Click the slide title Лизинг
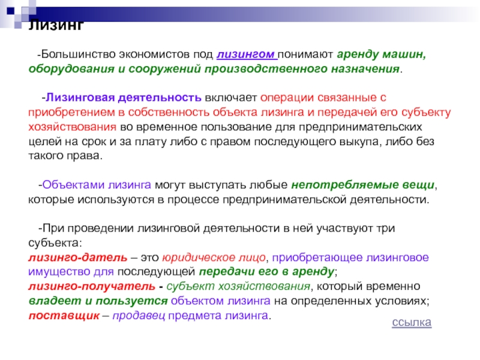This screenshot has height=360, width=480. click(x=56, y=25)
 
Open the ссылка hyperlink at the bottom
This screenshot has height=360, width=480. click(x=412, y=322)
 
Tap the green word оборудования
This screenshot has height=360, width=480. click(x=71, y=69)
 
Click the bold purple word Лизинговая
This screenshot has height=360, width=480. click(x=80, y=98)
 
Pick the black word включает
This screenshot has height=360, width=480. click(x=231, y=98)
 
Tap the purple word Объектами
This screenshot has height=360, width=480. click(x=73, y=185)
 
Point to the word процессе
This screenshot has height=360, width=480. click(x=193, y=200)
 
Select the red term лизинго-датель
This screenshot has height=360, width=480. click(x=78, y=258)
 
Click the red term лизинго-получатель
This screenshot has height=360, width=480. click(x=92, y=287)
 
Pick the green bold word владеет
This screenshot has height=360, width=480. click(x=55, y=301)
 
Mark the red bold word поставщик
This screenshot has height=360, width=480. click(x=64, y=316)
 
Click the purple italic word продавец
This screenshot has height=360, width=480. click(x=139, y=316)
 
